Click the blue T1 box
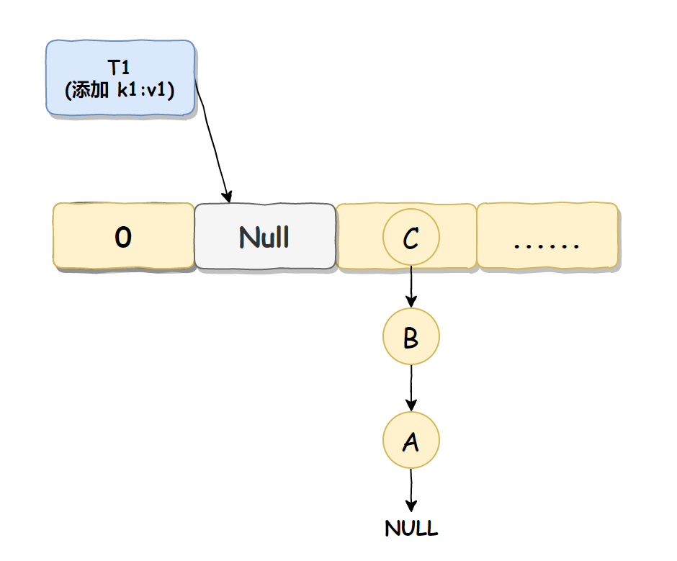coord(120,78)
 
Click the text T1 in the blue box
coord(118,68)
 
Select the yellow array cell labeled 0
coord(123,235)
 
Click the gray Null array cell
coord(264,235)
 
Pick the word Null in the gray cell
coord(264,237)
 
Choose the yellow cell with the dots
coord(547,235)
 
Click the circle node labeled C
coord(411,237)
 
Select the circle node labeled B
coord(411,336)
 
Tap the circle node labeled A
coord(411,440)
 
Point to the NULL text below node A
coord(411,528)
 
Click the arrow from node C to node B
coord(411,287)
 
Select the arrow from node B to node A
coord(411,388)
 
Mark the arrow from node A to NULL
coord(411,490)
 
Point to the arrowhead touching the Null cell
coord(227,197)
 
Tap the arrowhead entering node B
coord(411,302)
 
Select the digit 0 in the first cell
coord(123,237)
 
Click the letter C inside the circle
coord(411,238)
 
